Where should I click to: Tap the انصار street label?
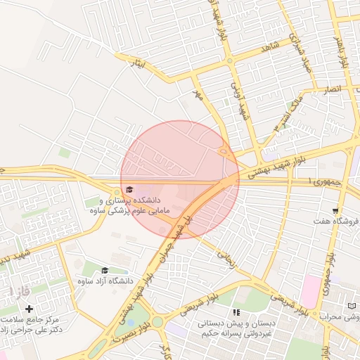pyautogui.click(x=331, y=89)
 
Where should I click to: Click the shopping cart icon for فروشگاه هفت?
pyautogui.click(x=336, y=210)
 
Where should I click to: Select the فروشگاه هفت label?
pyautogui.click(x=337, y=221)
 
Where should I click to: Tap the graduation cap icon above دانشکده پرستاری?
pyautogui.click(x=129, y=189)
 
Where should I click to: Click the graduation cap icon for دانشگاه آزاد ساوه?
pyautogui.click(x=105, y=270)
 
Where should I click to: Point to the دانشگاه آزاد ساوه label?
pyautogui.click(x=105, y=281)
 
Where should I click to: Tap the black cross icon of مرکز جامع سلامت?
pyautogui.click(x=29, y=309)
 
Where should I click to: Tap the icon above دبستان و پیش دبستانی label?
pyautogui.click(x=236, y=311)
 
